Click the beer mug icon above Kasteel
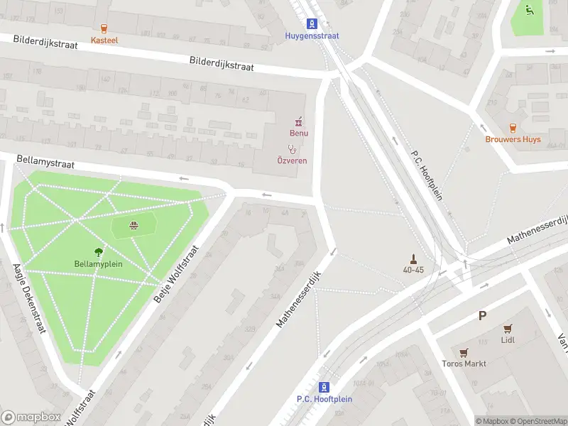pyautogui.click(x=104, y=28)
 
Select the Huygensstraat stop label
pyautogui.click(x=312, y=35)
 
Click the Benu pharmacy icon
pyautogui.click(x=299, y=121)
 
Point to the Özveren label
pyautogui.click(x=292, y=160)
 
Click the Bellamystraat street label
pyautogui.click(x=45, y=164)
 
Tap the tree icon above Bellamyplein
pyautogui.click(x=99, y=251)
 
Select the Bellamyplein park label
pyautogui.click(x=99, y=263)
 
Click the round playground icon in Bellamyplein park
pyautogui.click(x=133, y=226)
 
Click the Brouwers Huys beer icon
pyautogui.click(x=513, y=127)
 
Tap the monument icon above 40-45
pyautogui.click(x=413, y=258)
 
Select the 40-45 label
pyautogui.click(x=413, y=270)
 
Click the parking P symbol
pyautogui.click(x=483, y=316)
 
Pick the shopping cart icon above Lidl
pyautogui.click(x=508, y=328)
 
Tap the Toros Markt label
pyautogui.click(x=464, y=364)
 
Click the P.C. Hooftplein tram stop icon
pyautogui.click(x=324, y=387)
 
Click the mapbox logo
pyautogui.click(x=30, y=417)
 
